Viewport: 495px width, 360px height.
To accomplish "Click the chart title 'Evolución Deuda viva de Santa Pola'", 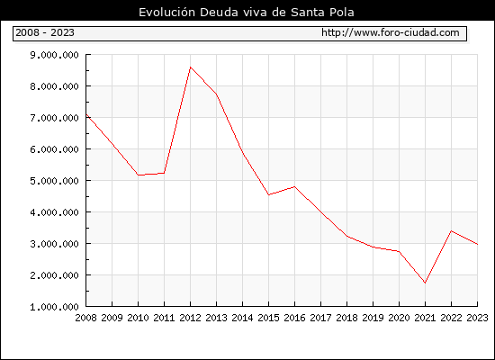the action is click(x=247, y=12).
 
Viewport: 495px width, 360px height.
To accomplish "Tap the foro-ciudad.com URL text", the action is click(x=391, y=32).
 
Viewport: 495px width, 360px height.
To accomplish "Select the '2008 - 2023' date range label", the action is click(x=45, y=32).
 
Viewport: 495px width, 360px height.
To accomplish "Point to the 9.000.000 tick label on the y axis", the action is click(x=54, y=55).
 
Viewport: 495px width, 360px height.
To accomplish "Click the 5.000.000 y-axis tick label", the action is click(x=54, y=181).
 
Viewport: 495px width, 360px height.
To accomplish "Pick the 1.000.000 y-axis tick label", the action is click(x=54, y=307).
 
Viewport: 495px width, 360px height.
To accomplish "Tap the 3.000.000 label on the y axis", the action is click(x=54, y=244).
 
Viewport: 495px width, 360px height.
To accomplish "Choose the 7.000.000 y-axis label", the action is click(x=54, y=118).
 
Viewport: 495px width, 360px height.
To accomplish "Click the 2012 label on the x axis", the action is click(x=191, y=318).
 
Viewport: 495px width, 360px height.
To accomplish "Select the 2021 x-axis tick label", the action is click(x=425, y=318).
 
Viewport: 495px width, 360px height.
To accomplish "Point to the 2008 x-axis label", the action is click(x=85, y=318).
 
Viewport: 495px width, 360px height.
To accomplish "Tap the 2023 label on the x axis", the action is click(x=477, y=318).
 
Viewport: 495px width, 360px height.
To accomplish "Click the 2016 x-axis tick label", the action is click(x=295, y=318).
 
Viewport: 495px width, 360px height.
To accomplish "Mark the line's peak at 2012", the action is click(x=191, y=67).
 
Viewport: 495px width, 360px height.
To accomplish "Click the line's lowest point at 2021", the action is click(x=425, y=283).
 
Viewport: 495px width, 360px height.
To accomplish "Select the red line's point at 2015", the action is click(x=269, y=194).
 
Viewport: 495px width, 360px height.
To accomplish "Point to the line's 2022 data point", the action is click(x=452, y=230).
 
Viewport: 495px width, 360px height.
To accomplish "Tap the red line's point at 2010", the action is click(x=139, y=175).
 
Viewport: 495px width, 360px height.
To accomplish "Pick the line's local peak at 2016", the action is click(x=295, y=186).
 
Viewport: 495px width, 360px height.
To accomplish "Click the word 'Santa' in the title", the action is click(x=305, y=13).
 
